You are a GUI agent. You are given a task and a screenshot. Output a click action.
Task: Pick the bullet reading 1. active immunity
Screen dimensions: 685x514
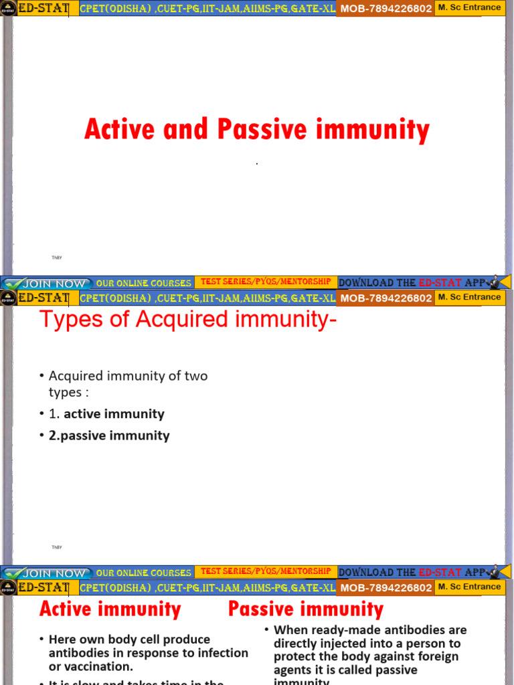click(106, 414)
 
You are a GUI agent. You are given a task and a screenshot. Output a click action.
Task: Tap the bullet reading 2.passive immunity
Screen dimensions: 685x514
click(109, 435)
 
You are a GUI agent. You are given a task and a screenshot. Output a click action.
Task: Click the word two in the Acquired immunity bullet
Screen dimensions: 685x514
click(196, 376)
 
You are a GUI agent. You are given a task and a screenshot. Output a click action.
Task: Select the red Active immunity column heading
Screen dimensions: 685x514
click(110, 609)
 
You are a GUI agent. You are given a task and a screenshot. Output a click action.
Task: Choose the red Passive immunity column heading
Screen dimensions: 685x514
click(306, 609)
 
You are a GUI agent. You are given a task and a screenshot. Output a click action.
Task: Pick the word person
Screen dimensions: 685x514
click(424, 644)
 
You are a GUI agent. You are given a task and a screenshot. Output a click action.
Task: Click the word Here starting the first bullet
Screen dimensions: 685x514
click(62, 640)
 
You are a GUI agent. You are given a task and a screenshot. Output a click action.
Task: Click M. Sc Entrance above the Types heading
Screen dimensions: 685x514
click(470, 297)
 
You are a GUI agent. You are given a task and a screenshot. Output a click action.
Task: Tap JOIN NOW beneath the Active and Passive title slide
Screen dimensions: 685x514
click(54, 284)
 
